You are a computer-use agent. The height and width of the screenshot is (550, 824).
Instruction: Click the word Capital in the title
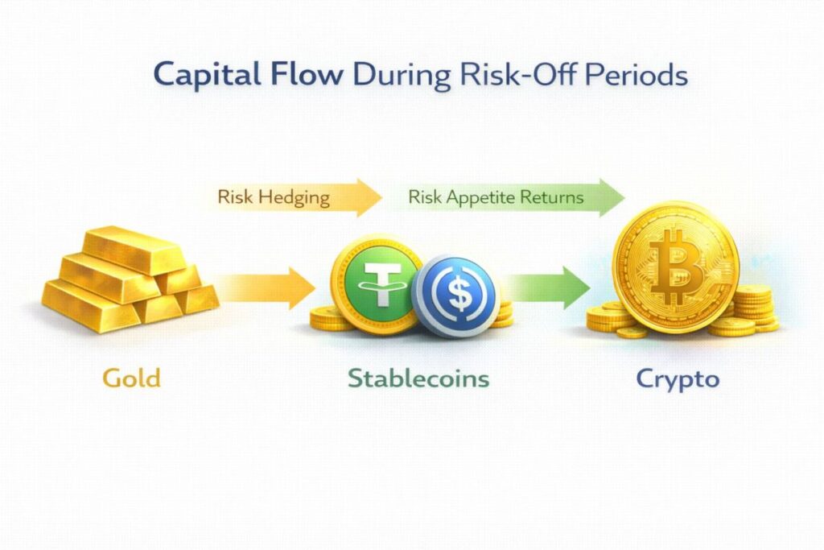click(207, 76)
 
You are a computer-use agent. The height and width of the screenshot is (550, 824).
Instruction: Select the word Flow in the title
click(307, 74)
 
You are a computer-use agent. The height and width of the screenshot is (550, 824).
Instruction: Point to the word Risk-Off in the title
click(517, 74)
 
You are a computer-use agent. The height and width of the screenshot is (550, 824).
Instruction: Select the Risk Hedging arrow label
click(274, 198)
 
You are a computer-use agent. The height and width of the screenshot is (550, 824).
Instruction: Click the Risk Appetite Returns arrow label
click(496, 198)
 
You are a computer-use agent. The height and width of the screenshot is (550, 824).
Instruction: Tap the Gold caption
click(131, 378)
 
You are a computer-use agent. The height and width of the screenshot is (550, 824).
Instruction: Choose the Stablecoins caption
click(418, 378)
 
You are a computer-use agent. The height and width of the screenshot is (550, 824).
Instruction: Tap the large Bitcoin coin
click(677, 268)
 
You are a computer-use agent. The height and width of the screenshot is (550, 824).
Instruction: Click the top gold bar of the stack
click(134, 250)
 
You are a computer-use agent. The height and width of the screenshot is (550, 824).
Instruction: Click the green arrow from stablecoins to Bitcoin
click(546, 287)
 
